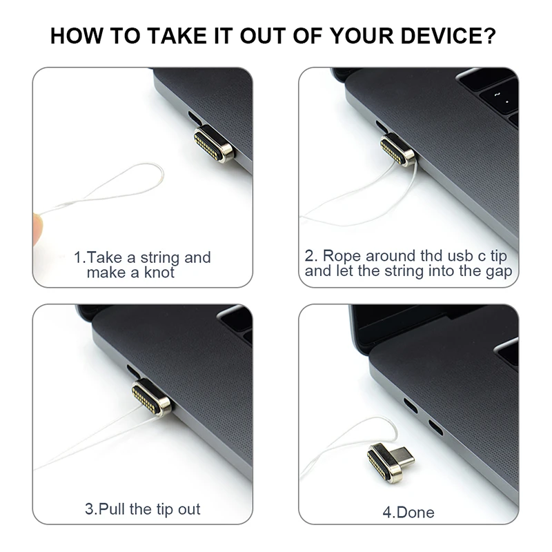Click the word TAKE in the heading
[177, 36]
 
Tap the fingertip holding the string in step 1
[38, 228]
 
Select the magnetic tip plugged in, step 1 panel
[214, 144]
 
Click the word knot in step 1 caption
[159, 273]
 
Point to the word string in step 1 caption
[160, 258]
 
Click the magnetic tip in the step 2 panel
[398, 150]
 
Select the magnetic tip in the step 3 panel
[152, 398]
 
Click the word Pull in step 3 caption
[112, 509]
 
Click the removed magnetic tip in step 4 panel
[391, 460]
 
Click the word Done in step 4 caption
[415, 513]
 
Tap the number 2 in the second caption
[309, 256]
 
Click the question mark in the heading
[489, 36]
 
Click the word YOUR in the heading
[362, 36]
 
